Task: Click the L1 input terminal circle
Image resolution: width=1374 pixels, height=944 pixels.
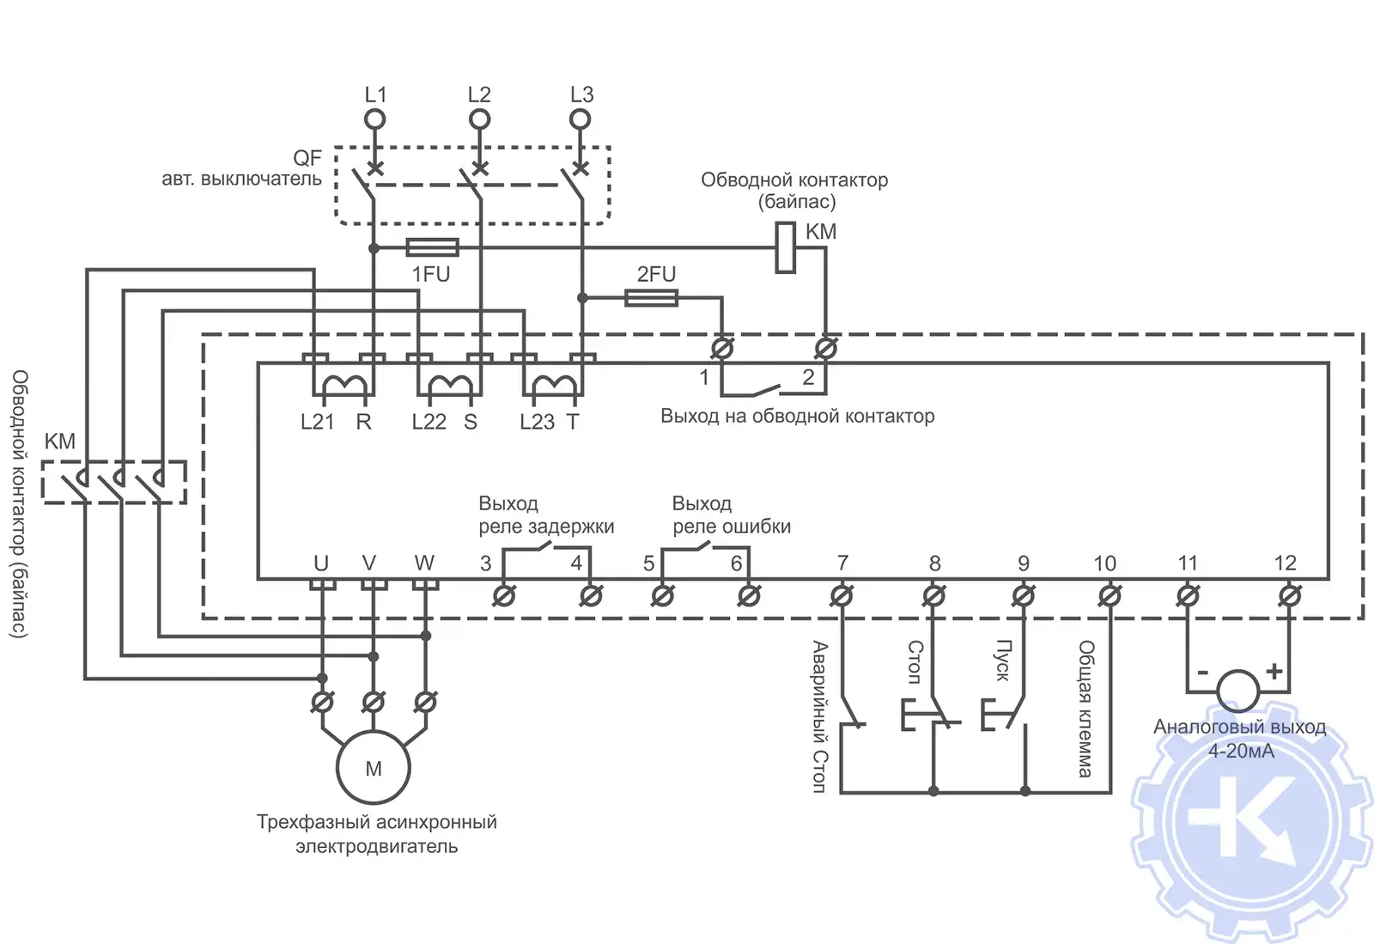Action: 375,119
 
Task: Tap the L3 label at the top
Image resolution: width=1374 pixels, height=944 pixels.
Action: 581,94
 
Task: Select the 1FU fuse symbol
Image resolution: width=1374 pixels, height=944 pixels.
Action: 432,248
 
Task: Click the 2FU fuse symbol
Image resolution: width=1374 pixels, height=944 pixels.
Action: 652,298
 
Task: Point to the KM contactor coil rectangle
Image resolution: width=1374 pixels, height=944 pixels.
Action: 785,247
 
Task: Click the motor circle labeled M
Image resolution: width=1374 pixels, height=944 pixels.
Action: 374,768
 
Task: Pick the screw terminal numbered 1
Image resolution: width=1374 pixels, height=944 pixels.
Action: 722,349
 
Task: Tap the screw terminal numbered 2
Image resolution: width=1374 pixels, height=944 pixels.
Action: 825,349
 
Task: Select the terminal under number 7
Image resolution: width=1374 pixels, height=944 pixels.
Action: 842,595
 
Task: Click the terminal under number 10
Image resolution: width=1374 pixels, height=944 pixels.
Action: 1110,595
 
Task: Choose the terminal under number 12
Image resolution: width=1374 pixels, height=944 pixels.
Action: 1289,595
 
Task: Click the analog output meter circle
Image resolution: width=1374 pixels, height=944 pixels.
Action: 1238,690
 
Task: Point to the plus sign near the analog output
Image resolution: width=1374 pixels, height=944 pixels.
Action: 1274,671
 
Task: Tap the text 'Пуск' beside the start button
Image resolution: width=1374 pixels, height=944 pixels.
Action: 1003,661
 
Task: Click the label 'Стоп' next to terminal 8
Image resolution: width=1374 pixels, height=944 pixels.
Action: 915,661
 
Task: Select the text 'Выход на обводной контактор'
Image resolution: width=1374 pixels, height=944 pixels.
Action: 797,417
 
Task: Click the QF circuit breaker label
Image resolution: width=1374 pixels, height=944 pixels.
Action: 307,158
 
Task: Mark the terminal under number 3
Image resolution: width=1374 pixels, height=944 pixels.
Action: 504,595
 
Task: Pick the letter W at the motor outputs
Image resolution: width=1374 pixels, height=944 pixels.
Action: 424,563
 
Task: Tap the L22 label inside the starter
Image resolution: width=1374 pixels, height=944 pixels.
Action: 429,422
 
